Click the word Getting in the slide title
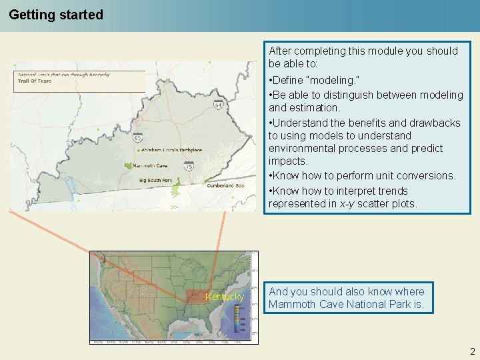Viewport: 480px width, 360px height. (x=31, y=15)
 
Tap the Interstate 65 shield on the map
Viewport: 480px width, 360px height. (x=137, y=138)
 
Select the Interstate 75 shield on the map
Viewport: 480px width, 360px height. (x=189, y=166)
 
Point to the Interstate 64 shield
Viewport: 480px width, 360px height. (x=218, y=105)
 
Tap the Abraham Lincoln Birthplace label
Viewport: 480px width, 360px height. (x=171, y=150)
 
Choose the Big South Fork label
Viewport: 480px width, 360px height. (x=155, y=181)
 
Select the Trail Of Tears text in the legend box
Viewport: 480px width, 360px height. (x=35, y=81)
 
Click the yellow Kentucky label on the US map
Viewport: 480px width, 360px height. (x=225, y=297)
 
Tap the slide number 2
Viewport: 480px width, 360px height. (x=472, y=351)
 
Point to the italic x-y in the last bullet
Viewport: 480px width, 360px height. (x=346, y=204)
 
